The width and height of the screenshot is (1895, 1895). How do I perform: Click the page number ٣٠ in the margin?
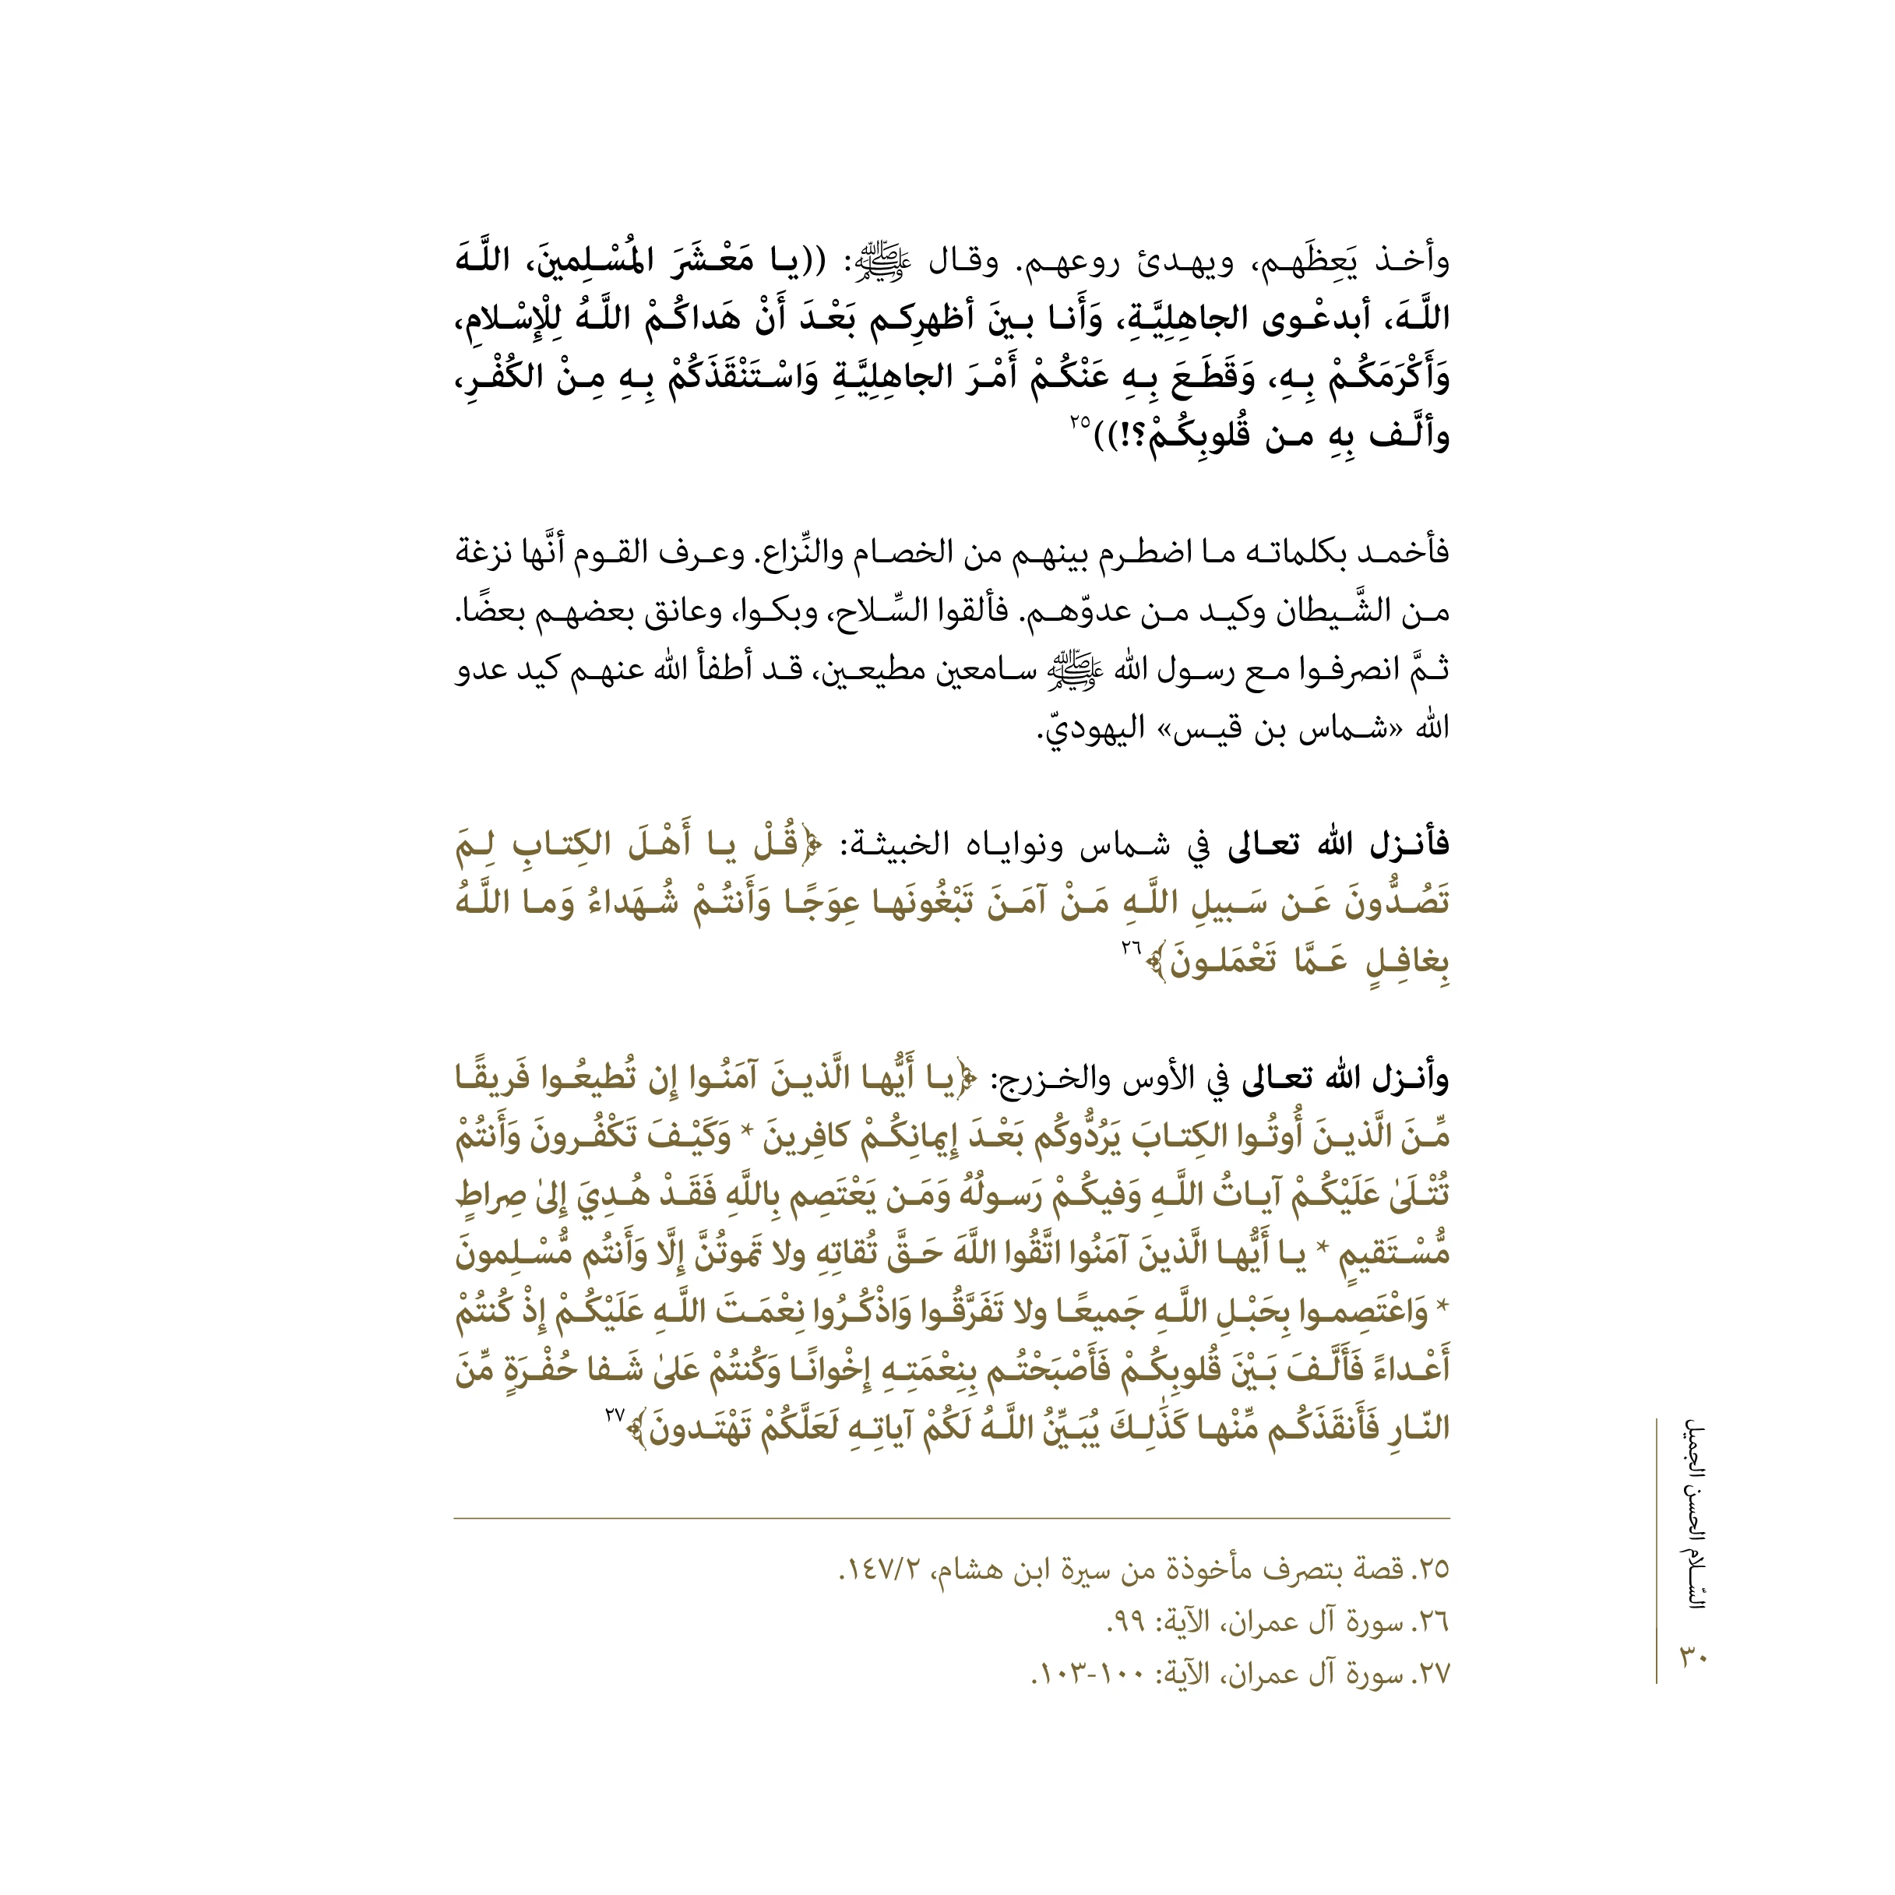coord(1695,1656)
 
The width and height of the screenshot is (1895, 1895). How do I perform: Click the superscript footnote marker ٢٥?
coord(1080,422)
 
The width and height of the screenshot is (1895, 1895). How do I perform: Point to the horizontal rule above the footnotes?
coord(952,1518)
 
